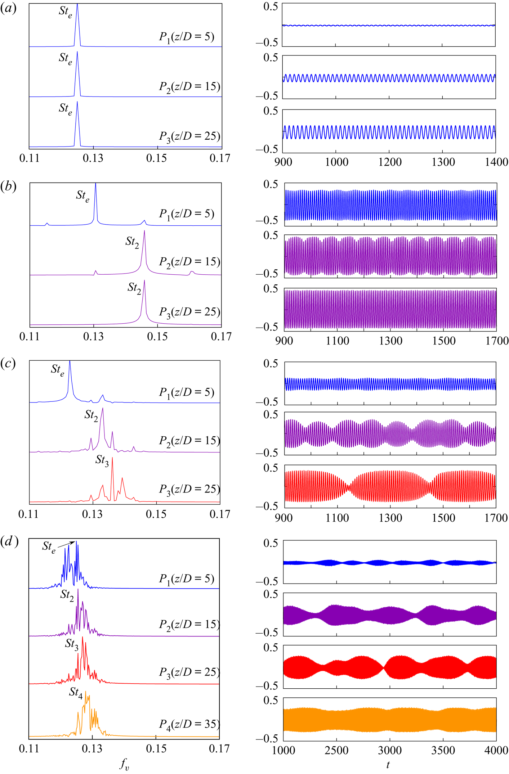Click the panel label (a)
(8, 8)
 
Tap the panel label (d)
(9, 541)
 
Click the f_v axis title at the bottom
(124, 764)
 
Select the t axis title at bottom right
(388, 764)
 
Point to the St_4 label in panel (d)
(76, 692)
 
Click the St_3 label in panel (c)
(102, 460)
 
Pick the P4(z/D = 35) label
(189, 724)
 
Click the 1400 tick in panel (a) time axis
(496, 162)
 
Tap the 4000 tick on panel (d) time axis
(496, 750)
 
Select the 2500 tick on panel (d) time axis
(336, 750)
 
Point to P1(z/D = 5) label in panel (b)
(187, 214)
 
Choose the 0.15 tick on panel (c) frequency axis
(156, 514)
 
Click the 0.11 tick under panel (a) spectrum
(30, 158)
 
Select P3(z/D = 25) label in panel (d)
(189, 672)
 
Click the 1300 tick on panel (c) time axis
(390, 518)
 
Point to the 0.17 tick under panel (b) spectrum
(221, 337)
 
